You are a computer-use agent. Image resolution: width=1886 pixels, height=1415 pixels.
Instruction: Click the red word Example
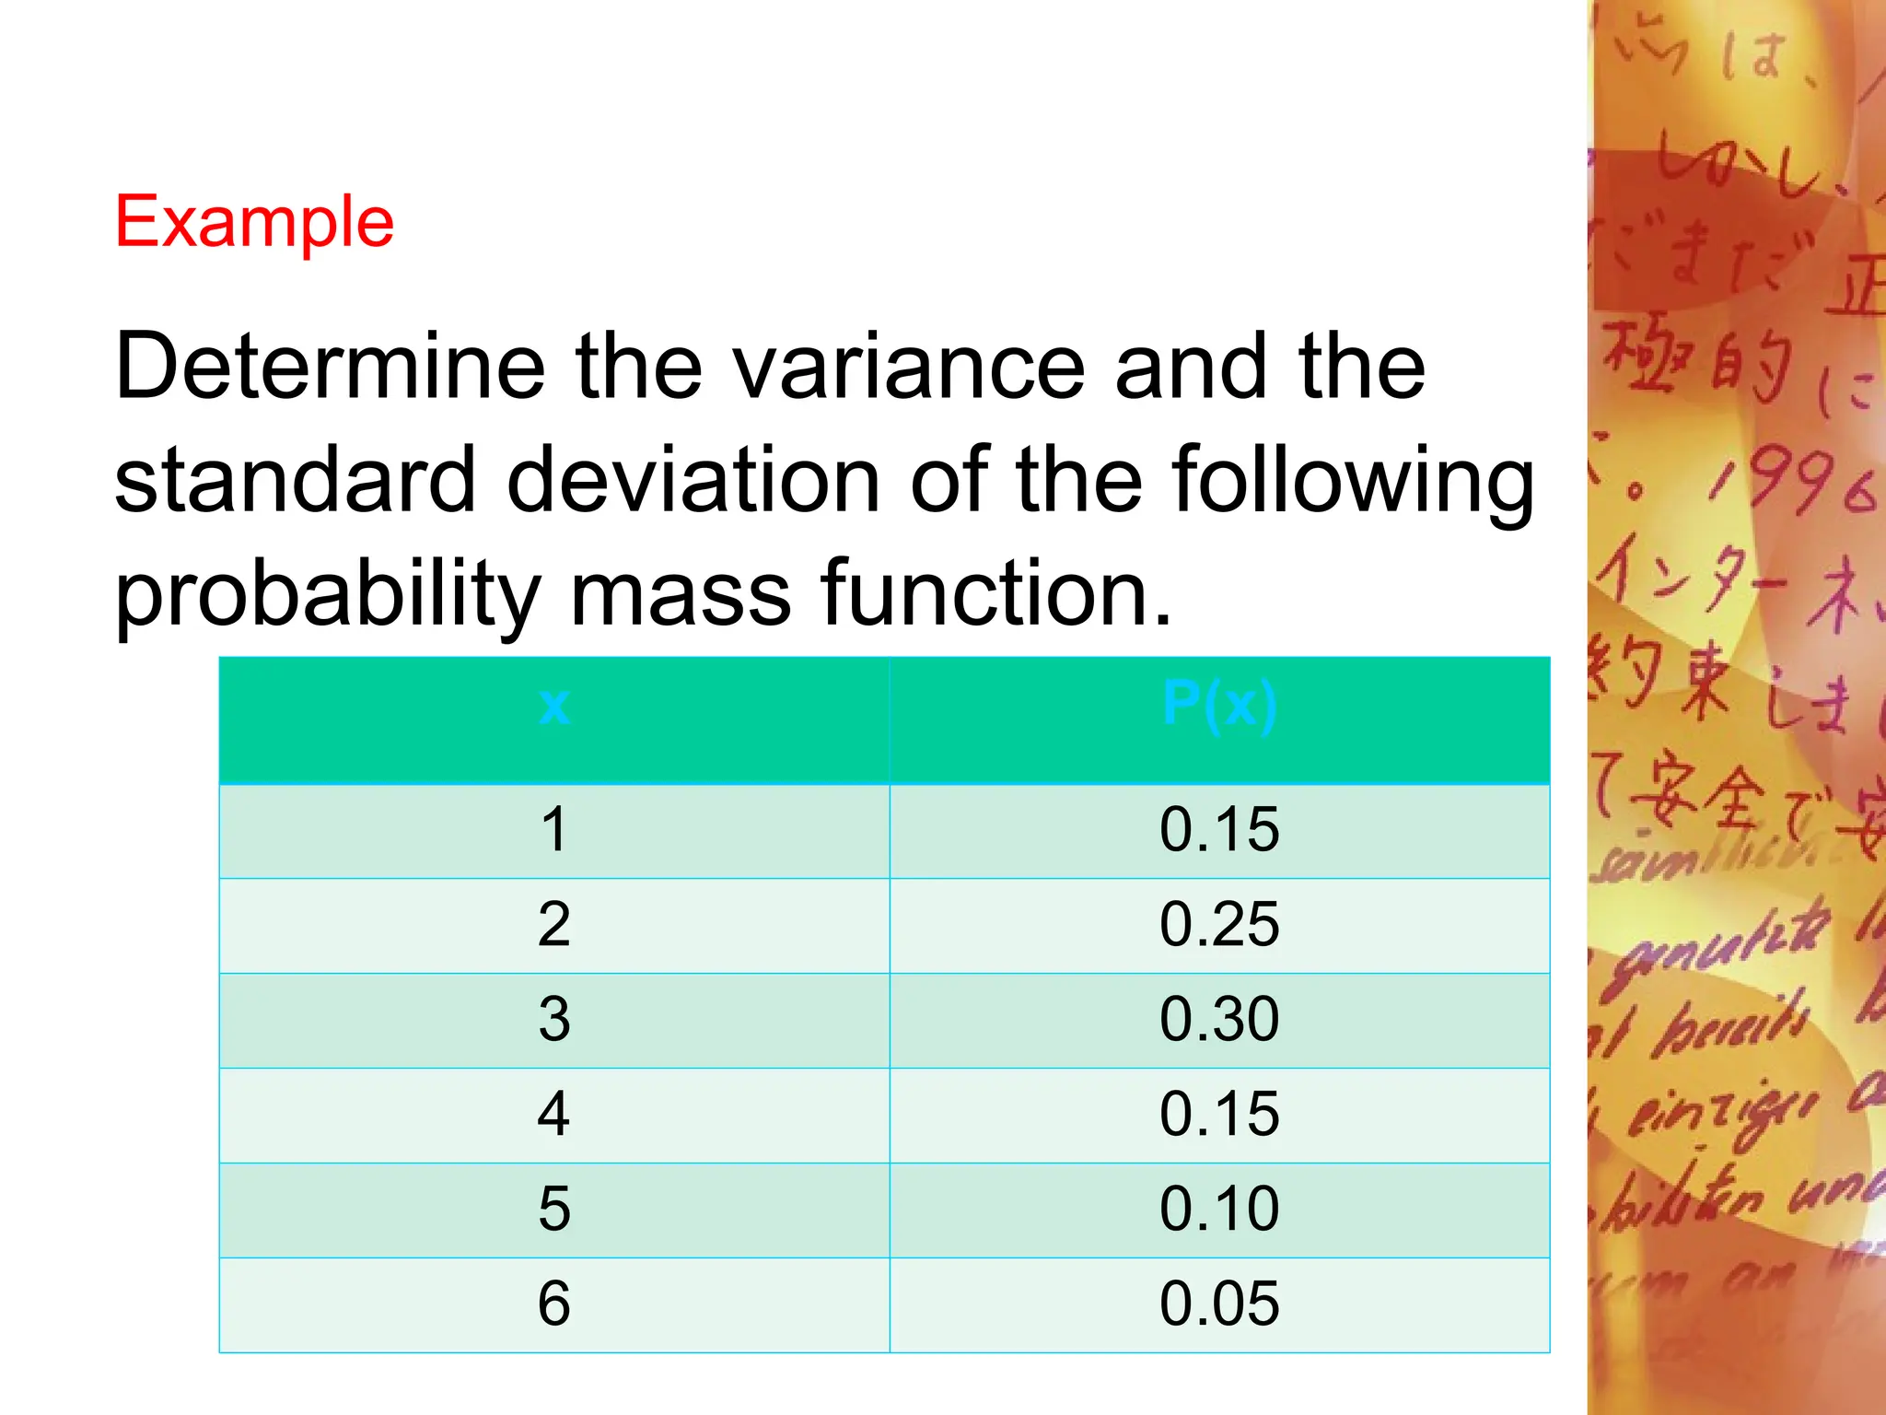[x=254, y=222]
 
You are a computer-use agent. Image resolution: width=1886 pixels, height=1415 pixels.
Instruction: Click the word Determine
[x=330, y=368]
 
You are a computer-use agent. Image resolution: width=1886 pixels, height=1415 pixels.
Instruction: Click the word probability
[x=327, y=594]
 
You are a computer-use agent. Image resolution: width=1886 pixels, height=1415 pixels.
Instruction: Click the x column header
[x=554, y=707]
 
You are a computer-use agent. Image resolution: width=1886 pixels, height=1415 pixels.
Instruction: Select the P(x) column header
[x=1219, y=707]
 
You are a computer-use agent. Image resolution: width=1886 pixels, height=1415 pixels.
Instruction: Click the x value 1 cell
[x=554, y=830]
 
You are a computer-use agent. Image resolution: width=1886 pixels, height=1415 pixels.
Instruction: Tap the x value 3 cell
[x=554, y=1020]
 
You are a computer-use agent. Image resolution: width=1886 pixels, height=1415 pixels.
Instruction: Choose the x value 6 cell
[x=554, y=1304]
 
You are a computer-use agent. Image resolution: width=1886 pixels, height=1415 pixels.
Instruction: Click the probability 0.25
[x=1219, y=925]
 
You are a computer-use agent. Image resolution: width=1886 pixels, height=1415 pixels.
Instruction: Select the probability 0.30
[x=1219, y=1020]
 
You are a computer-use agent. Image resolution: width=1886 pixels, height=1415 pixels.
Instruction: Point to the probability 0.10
[x=1219, y=1209]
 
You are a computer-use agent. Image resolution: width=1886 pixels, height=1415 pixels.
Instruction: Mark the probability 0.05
[x=1219, y=1304]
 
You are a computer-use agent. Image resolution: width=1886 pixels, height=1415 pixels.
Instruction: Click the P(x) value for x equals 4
[x=1219, y=1115]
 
